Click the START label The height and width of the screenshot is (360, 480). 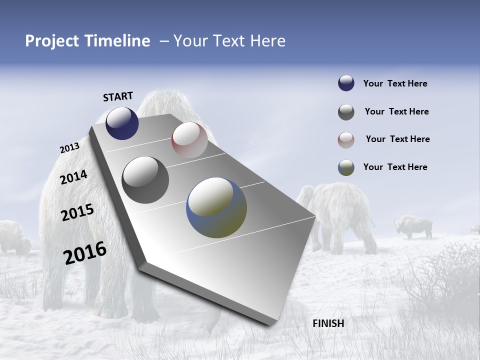(x=118, y=96)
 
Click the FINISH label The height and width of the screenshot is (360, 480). (x=328, y=323)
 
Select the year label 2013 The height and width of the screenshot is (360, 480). (x=69, y=148)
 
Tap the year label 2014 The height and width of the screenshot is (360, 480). (x=73, y=177)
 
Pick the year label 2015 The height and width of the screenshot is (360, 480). (x=77, y=212)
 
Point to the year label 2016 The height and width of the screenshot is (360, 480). (x=85, y=252)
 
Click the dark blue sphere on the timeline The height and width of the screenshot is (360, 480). (x=122, y=123)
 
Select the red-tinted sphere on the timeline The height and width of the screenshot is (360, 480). (x=189, y=140)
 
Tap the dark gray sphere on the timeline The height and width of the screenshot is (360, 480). (x=145, y=180)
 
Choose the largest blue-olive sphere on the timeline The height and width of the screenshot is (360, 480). (x=216, y=207)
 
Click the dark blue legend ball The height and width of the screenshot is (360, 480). (x=346, y=83)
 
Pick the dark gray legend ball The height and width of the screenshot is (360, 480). (x=346, y=112)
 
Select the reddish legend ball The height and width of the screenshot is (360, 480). (x=346, y=140)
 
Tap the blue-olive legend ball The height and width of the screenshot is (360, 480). (x=346, y=167)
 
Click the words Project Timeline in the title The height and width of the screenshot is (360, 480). (x=87, y=41)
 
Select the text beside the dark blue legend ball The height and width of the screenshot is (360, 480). (x=395, y=83)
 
